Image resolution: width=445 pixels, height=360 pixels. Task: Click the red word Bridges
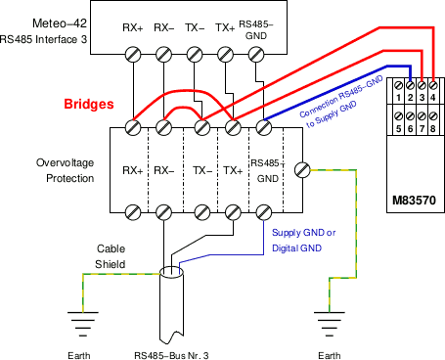pos(88,103)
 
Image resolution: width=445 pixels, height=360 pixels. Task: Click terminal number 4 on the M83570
pos(432,98)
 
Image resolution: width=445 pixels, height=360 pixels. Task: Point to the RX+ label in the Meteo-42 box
pos(132,29)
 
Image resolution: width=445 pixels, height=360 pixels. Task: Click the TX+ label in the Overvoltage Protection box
pos(233,170)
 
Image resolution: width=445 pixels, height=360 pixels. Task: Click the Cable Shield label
pos(110,256)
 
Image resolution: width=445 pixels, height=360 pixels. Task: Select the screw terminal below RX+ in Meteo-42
pos(132,56)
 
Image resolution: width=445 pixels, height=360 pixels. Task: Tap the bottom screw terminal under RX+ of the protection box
pos(132,211)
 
